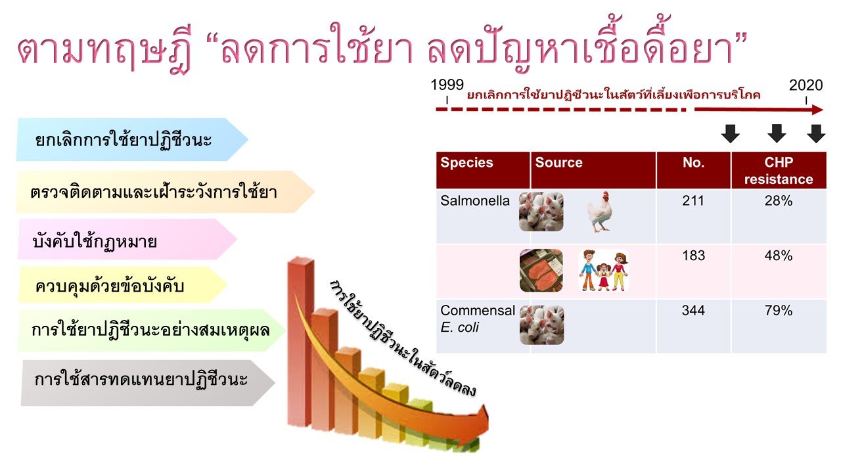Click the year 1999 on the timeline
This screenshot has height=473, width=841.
tap(447, 85)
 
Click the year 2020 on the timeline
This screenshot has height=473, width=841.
tap(806, 85)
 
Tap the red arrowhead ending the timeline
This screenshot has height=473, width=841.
tap(817, 110)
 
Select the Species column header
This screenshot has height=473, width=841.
tap(466, 162)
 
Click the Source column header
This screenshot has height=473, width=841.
tap(558, 162)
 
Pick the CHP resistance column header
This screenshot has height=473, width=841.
tap(779, 171)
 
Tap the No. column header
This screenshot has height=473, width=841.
tap(693, 162)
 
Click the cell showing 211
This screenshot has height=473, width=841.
tap(693, 201)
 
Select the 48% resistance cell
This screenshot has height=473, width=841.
tap(779, 256)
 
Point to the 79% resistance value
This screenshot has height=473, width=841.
tap(779, 311)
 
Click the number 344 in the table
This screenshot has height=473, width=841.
tap(693, 311)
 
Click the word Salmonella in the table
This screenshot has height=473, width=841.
tap(475, 201)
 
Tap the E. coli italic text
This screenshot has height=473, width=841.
tap(459, 327)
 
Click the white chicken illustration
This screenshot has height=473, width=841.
tap(600, 212)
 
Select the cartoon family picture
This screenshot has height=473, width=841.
tap(604, 271)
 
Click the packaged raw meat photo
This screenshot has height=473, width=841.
tap(541, 271)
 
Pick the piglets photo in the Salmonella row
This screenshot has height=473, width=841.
tap(541, 212)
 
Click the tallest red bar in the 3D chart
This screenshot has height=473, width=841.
tap(300, 342)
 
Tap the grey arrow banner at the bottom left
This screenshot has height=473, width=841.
tap(148, 382)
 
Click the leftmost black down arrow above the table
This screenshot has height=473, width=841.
tap(730, 133)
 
